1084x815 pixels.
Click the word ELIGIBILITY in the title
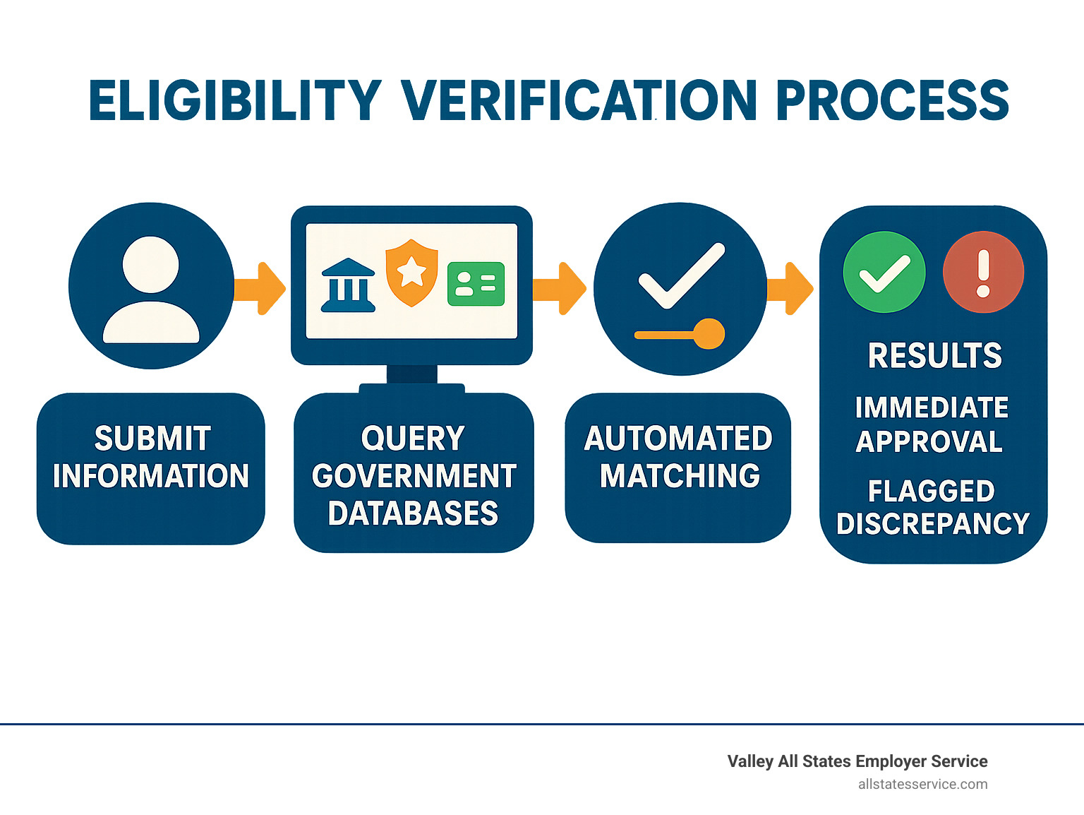point(235,100)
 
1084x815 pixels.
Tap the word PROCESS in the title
point(892,100)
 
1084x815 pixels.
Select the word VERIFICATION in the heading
point(579,100)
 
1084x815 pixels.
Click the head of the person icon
point(150,265)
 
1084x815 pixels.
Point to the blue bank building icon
point(348,285)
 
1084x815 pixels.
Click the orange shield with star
point(411,272)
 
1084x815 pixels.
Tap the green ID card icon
point(476,284)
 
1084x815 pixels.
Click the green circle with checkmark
point(884,272)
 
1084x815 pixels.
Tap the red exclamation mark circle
point(983,272)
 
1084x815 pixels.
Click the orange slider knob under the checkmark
point(708,334)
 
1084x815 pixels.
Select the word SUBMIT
point(152,439)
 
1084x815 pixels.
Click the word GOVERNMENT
point(414,476)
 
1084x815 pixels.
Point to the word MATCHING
point(680,476)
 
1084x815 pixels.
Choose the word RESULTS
point(934,355)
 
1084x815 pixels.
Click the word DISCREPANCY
point(933,523)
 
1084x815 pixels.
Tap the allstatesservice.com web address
point(922,784)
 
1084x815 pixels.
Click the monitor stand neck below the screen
point(412,374)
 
